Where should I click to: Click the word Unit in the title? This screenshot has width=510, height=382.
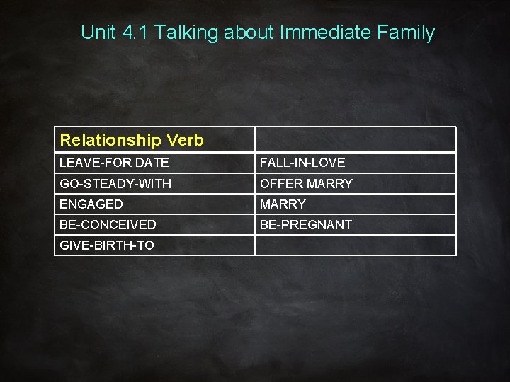pos(96,32)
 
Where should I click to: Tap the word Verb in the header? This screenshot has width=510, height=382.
pos(185,140)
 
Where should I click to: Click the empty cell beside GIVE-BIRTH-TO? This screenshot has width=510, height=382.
pos(355,245)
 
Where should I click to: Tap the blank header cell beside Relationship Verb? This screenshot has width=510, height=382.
pos(355,139)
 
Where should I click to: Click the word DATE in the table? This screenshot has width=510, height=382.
pos(152,163)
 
